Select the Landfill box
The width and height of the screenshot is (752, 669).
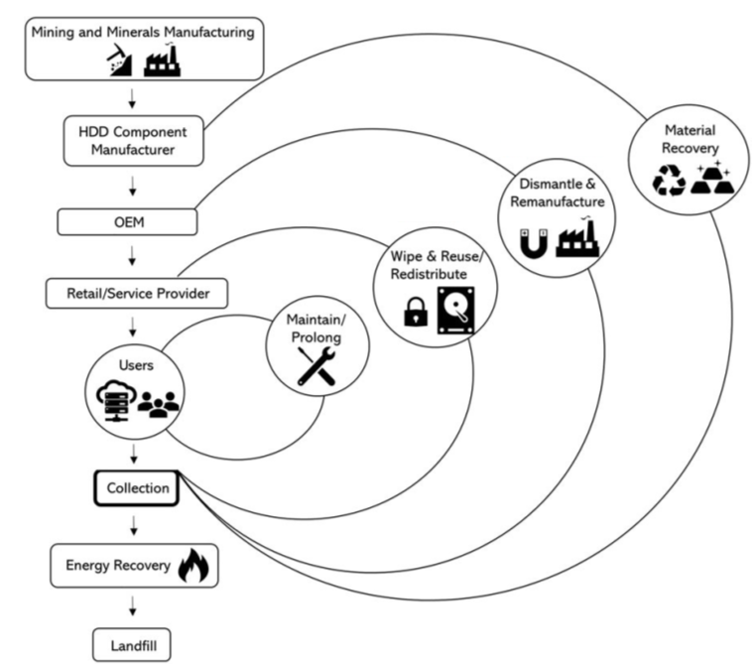coord(134,648)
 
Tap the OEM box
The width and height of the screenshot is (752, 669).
coord(134,221)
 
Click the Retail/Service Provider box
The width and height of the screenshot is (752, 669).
coord(134,294)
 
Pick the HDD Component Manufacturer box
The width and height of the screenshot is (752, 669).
coord(134,141)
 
